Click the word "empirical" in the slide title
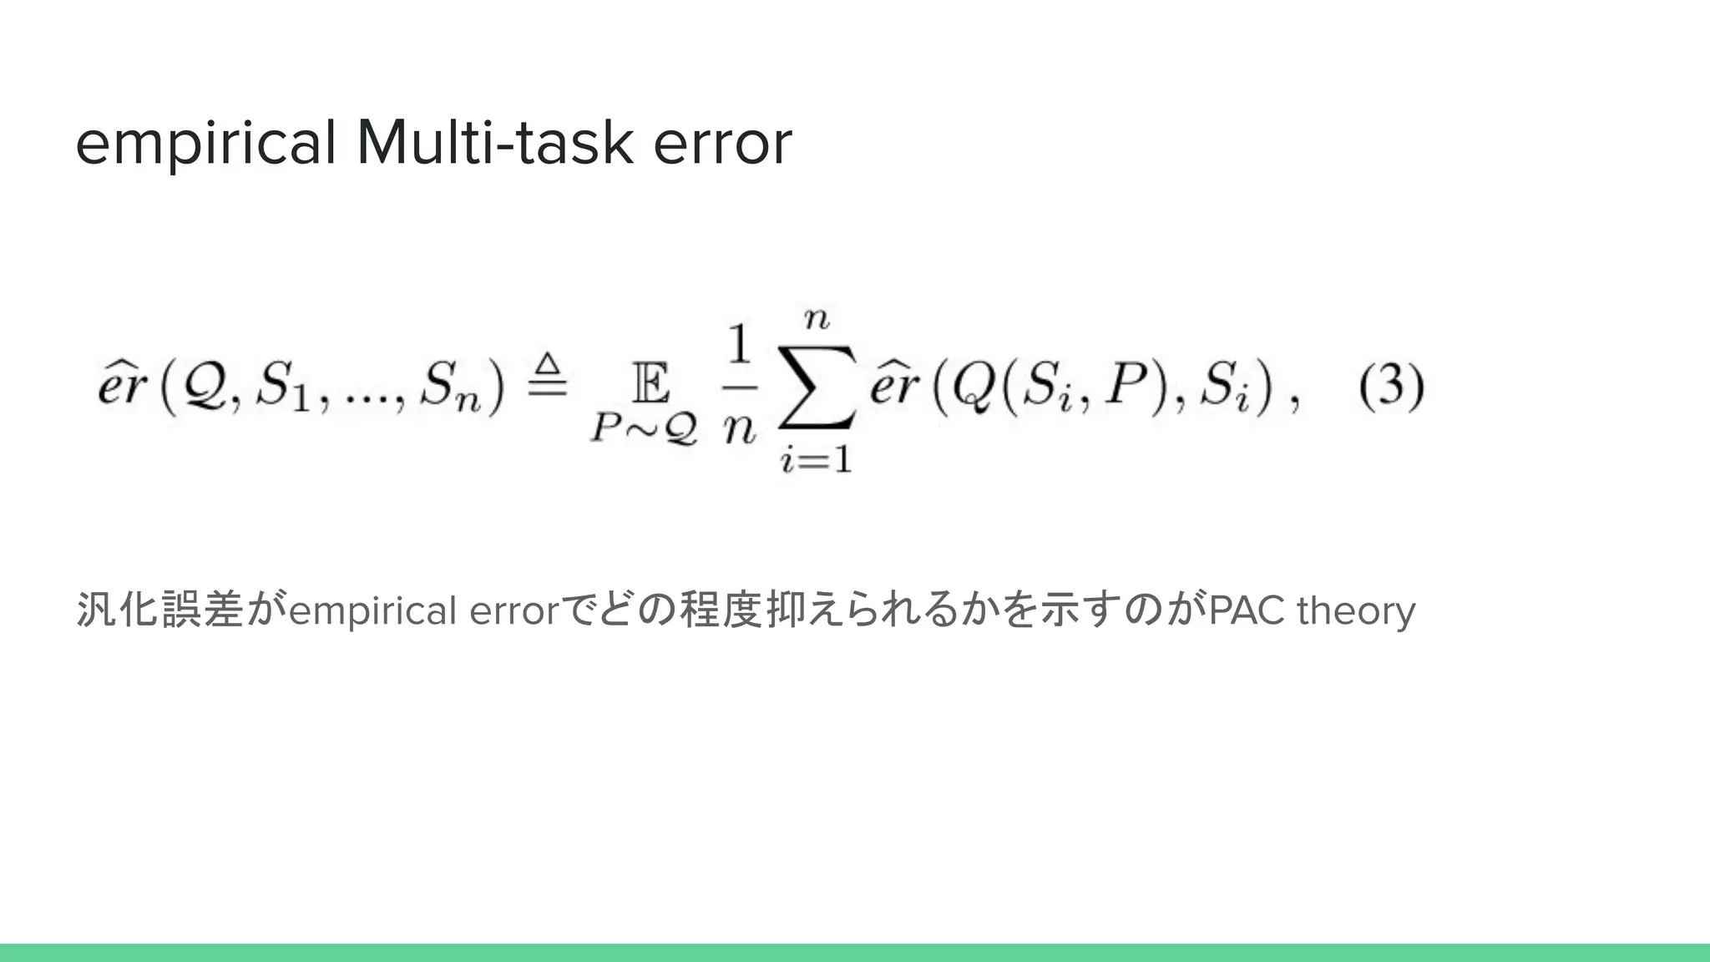205,144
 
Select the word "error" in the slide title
722,144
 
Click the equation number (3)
1391,387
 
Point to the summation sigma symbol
817,387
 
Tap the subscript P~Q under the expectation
644,429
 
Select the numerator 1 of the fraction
739,345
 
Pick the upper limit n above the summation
817,318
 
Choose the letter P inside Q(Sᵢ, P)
1123,387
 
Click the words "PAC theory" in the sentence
1312,610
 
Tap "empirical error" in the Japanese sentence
422,612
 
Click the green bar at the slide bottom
855,953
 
